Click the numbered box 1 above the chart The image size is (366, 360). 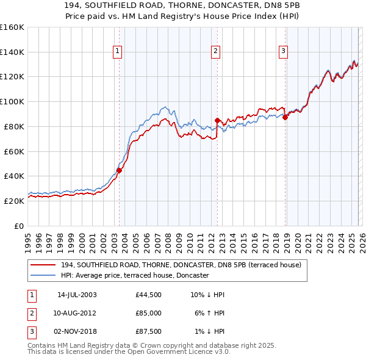[117, 51]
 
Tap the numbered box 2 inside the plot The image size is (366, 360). [215, 51]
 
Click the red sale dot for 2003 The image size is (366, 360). [119, 171]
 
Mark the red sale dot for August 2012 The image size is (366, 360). [217, 120]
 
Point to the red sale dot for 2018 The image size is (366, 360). [285, 117]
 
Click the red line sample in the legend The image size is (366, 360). [43, 265]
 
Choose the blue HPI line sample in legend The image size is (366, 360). [43, 276]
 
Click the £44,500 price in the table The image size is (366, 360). [149, 295]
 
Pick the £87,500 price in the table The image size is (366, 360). [149, 331]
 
